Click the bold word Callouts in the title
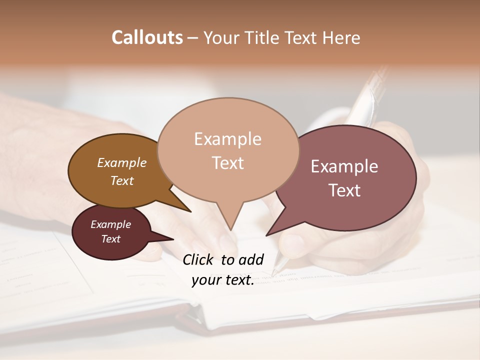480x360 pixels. click(147, 37)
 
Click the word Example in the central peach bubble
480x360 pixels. click(227, 139)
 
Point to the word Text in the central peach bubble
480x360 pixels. click(227, 163)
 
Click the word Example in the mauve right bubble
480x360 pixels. click(344, 166)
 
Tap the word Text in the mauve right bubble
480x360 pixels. click(344, 190)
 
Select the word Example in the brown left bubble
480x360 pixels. click(122, 162)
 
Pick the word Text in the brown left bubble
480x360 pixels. click(122, 180)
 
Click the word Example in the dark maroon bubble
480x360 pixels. click(110, 224)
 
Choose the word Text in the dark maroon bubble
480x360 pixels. click(110, 239)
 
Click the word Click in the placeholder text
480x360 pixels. click(199, 259)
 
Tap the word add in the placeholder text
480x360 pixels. click(251, 259)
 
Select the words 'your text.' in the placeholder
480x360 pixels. click(223, 280)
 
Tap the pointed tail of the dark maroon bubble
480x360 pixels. click(167, 238)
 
